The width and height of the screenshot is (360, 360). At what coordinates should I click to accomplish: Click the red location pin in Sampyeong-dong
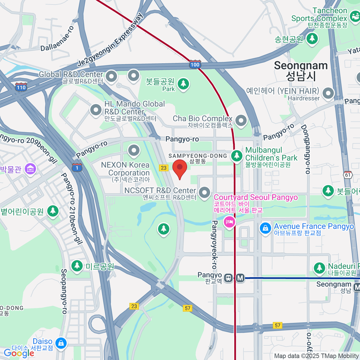(x=180, y=168)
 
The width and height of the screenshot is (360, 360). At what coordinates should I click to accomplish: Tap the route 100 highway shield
(x=195, y=64)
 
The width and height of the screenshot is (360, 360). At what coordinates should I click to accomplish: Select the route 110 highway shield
(x=21, y=87)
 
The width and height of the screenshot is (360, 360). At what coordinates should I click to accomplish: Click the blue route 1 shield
(x=77, y=167)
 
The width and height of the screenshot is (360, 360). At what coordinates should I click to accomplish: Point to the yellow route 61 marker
(x=348, y=175)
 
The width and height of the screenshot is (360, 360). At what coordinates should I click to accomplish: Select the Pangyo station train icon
(x=229, y=278)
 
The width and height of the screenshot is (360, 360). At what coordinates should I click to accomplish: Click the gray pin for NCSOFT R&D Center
(x=205, y=192)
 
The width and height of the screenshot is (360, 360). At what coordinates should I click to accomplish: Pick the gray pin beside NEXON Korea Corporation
(x=134, y=150)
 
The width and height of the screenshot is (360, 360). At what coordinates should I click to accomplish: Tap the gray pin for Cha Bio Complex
(x=241, y=121)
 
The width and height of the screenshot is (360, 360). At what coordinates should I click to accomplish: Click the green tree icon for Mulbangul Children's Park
(x=237, y=156)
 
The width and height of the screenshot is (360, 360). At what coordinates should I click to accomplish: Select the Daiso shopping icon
(x=61, y=343)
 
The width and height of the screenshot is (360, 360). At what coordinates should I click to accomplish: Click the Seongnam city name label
(x=301, y=70)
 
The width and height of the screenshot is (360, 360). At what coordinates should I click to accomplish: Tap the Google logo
(x=19, y=353)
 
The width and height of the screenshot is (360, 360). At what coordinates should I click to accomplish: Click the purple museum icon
(x=31, y=169)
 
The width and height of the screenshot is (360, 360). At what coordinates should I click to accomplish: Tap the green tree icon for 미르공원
(x=77, y=266)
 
